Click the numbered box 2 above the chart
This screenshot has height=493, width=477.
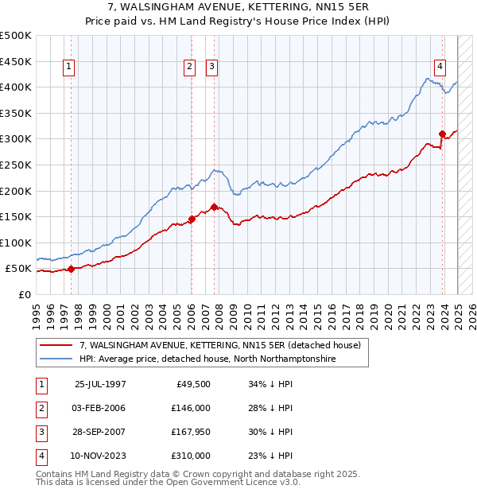pos(191,68)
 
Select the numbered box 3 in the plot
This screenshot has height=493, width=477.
pos(212,68)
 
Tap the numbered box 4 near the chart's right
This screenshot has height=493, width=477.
pos(440,68)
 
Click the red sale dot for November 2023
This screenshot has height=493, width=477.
pos(443,134)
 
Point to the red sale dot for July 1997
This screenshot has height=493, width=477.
pos(72,269)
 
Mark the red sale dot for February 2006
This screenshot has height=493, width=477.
pos(192,219)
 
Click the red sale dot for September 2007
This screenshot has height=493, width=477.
pos(215,207)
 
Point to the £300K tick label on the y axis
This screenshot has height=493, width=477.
pos(16,138)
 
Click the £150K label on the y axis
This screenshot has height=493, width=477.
pos(16,216)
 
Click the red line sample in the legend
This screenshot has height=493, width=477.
pos(56,346)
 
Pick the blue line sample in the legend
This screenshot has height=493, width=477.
pos(56,359)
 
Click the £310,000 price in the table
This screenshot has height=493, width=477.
pos(191,456)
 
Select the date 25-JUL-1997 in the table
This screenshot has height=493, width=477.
pos(100,384)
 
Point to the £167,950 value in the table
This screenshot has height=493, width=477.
pos(191,432)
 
